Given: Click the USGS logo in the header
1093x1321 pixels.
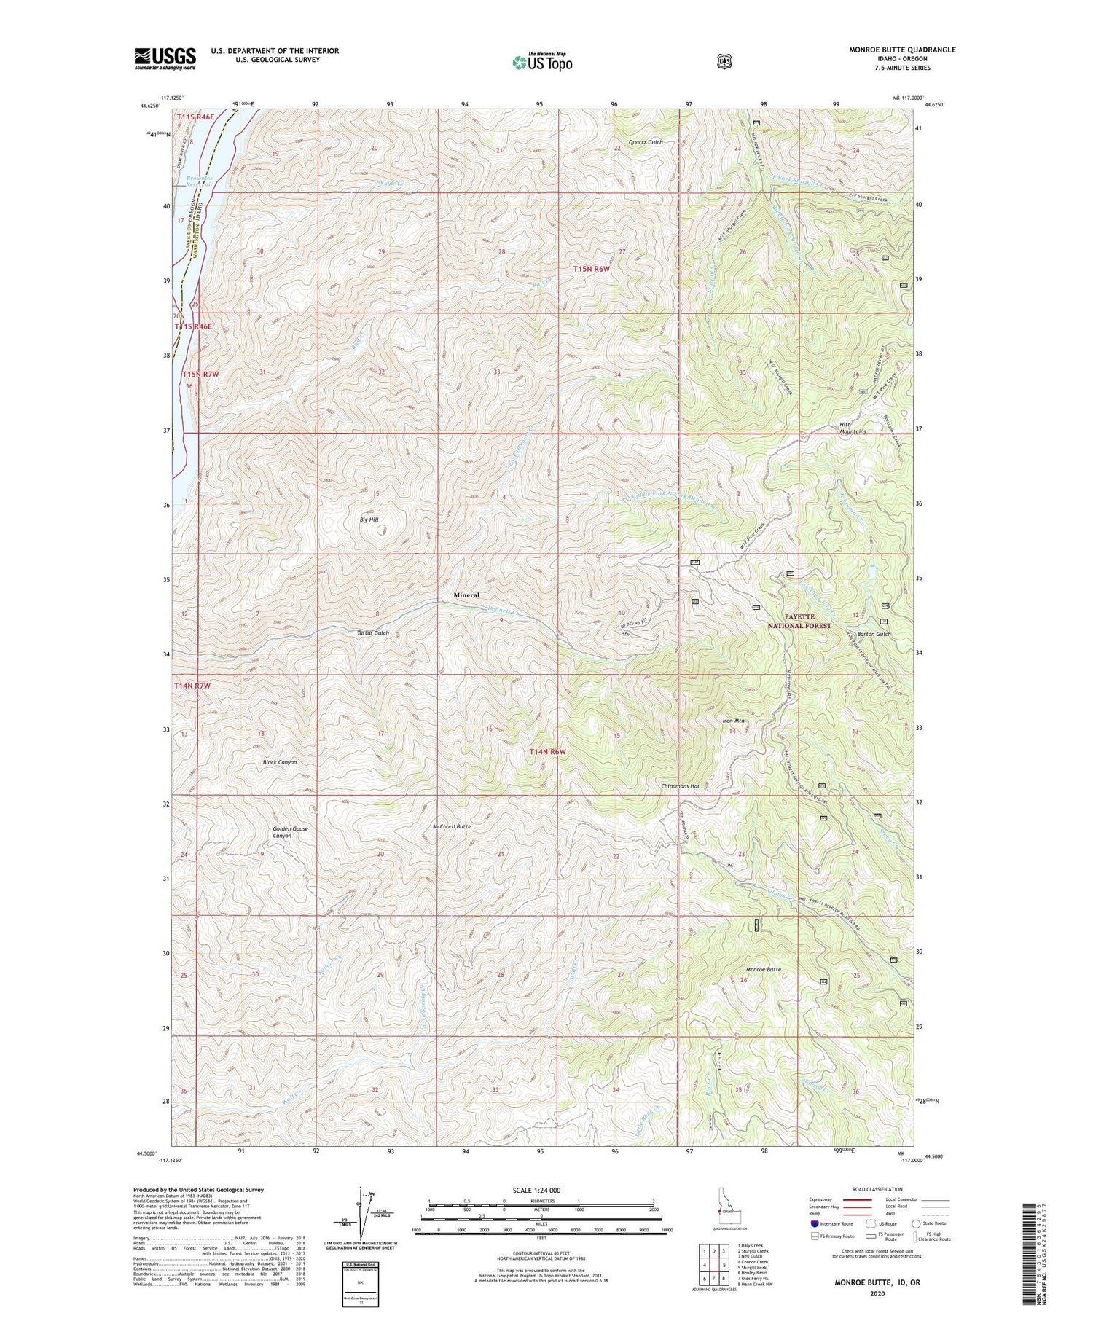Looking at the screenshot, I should (165, 58).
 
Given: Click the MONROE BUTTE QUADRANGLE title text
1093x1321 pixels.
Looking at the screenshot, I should (902, 50).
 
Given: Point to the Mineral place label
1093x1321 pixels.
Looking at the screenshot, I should (466, 595).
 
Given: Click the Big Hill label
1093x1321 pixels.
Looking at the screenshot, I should (369, 520).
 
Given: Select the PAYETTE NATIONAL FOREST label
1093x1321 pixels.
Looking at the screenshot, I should (799, 621).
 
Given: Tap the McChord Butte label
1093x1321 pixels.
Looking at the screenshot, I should (452, 827).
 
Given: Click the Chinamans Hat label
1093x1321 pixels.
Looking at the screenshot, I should (680, 786).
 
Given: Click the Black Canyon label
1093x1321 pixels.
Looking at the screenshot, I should (280, 762).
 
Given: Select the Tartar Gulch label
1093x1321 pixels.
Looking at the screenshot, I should (373, 633).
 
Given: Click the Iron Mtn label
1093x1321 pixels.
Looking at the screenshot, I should (733, 721).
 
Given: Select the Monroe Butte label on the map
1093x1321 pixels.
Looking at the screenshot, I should (763, 970).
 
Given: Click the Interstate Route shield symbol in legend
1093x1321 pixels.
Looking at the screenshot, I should (814, 1223).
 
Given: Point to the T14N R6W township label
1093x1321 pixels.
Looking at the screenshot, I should (548, 751).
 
